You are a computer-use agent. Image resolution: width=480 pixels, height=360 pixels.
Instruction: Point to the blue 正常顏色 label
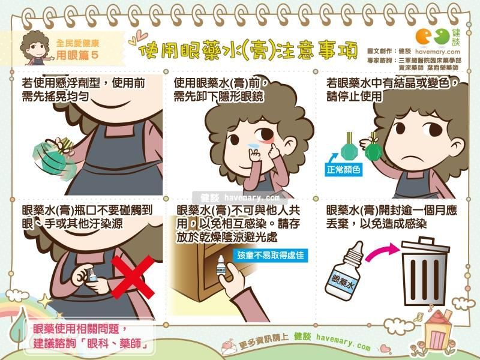click(x=343, y=169)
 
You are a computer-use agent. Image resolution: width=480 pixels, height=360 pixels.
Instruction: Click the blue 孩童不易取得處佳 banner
click(x=271, y=255)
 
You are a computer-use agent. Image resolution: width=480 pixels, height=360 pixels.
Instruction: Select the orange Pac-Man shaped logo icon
click(x=424, y=37)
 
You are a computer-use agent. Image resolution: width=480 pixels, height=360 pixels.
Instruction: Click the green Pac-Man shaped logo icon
click(x=442, y=37)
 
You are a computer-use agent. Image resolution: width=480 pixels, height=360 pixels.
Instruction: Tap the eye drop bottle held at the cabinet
click(x=221, y=266)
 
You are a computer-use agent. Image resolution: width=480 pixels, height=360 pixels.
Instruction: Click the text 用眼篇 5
click(x=77, y=55)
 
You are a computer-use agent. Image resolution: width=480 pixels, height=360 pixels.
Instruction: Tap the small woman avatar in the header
click(x=34, y=47)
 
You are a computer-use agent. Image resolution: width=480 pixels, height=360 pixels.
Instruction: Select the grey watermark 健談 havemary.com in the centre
click(x=239, y=198)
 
